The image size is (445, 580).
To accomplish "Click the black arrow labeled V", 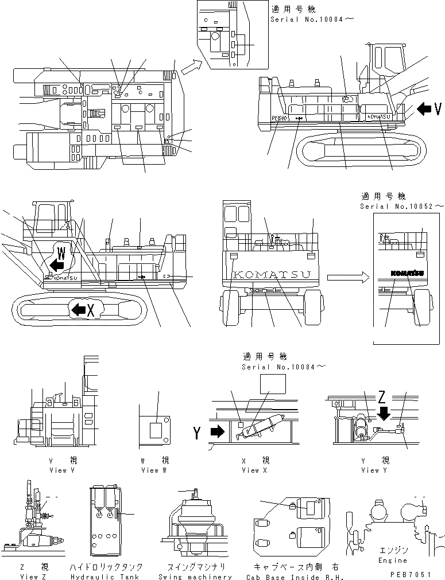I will click(424, 108).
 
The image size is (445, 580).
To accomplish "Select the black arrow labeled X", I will click(77, 310).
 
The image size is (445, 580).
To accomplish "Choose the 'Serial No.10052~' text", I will click(402, 206).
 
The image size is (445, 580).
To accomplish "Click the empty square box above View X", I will click(273, 383).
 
